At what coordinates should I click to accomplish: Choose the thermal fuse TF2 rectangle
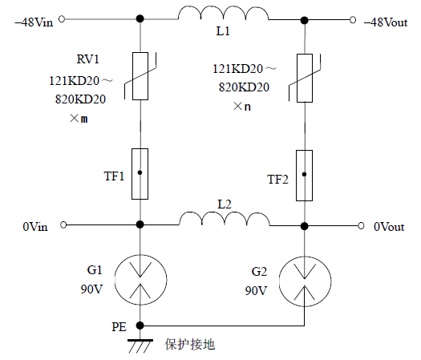tap(304, 174)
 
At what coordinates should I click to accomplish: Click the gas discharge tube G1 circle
tap(140, 278)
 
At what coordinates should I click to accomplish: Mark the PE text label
tap(119, 327)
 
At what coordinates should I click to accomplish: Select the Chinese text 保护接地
tap(190, 345)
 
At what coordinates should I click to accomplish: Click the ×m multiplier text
tap(79, 118)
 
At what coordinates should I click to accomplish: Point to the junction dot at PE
tap(140, 326)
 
